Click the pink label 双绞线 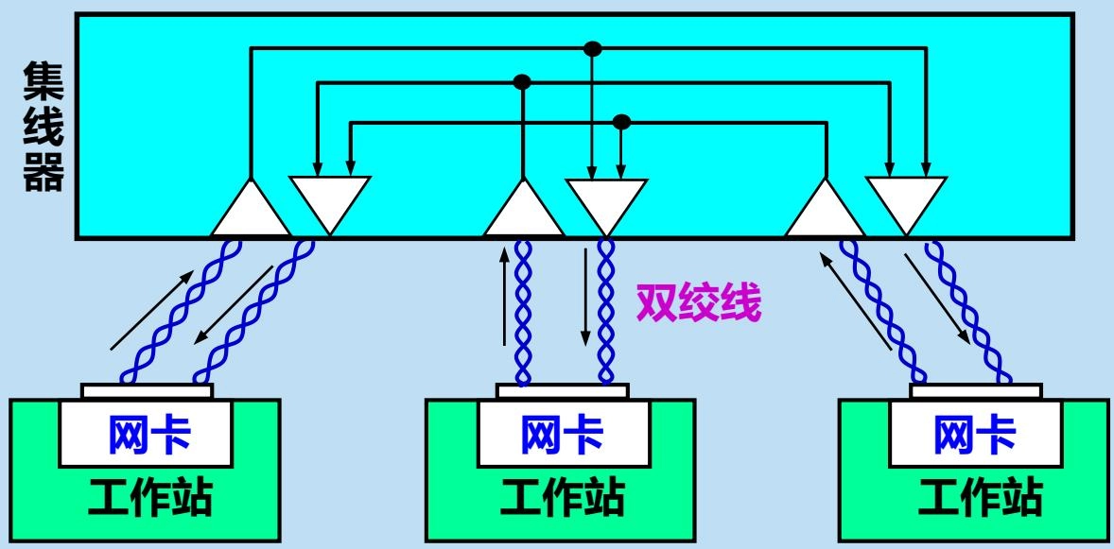click(699, 305)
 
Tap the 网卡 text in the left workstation click(146, 436)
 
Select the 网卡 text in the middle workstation click(562, 436)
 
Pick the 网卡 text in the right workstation click(975, 436)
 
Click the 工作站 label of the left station click(146, 498)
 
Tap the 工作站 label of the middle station click(562, 498)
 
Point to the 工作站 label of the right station click(975, 498)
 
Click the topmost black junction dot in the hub click(592, 47)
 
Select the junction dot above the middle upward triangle click(522, 83)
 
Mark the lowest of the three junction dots click(621, 121)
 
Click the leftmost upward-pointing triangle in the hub click(251, 211)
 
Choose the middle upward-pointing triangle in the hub click(524, 211)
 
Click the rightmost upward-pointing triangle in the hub click(826, 211)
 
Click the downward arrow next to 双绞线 click(585, 297)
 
